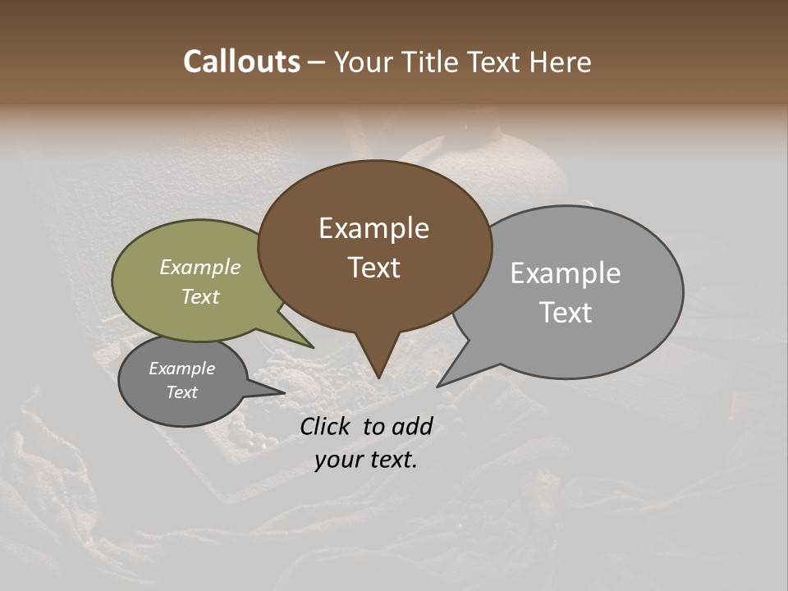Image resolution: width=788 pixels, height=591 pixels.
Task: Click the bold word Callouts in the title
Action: click(x=241, y=62)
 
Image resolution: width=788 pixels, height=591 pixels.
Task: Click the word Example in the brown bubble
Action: click(x=373, y=228)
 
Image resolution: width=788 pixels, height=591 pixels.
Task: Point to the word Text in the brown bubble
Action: click(x=373, y=268)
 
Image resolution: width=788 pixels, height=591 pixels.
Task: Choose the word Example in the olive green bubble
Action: click(x=199, y=267)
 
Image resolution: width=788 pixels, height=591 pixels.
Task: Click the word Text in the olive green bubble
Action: click(x=199, y=296)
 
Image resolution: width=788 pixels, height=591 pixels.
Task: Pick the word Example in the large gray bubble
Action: click(x=565, y=273)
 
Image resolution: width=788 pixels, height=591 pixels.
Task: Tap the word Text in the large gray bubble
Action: click(x=565, y=313)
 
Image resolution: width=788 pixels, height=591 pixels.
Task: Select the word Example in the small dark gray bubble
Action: click(x=181, y=369)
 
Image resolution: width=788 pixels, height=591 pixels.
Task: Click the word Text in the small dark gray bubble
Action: click(x=181, y=392)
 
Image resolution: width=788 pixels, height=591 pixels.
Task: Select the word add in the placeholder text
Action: click(x=415, y=426)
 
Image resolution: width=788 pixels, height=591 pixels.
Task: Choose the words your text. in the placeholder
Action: click(x=366, y=460)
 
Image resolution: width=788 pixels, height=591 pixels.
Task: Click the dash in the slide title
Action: click(x=317, y=62)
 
